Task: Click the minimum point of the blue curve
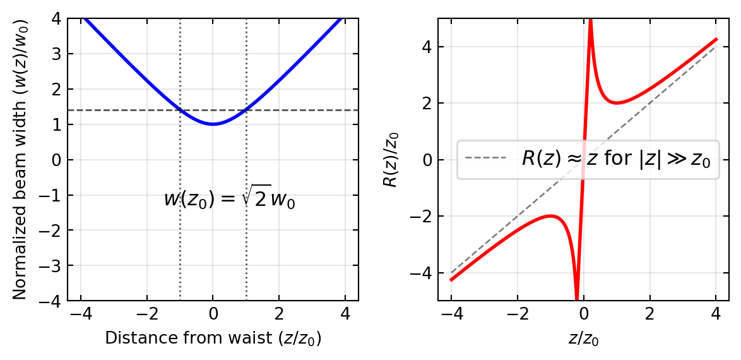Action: click(x=213, y=124)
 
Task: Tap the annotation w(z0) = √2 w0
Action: click(x=229, y=199)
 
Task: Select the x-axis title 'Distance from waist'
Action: click(x=213, y=339)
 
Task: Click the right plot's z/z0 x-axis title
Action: click(x=583, y=339)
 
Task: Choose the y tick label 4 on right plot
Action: click(x=426, y=47)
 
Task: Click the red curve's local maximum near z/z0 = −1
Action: click(x=550, y=216)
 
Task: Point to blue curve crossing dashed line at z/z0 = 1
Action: click(x=246, y=110)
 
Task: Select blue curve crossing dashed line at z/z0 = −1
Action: click(x=181, y=110)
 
